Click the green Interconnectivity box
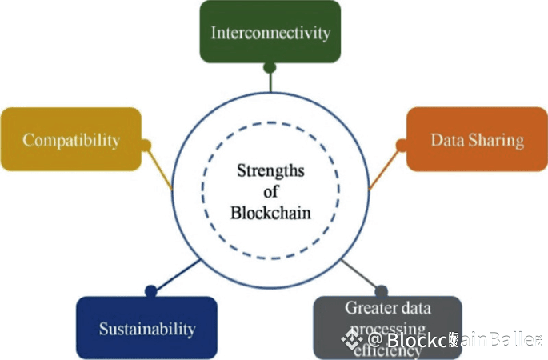[270, 32]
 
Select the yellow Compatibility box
[70, 139]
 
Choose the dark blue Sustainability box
[146, 327]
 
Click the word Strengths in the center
[270, 170]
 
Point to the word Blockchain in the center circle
[270, 212]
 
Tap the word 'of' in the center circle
[270, 192]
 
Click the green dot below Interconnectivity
[270, 67]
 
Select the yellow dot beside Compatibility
[146, 146]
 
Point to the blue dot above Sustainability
[150, 290]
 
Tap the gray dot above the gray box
[381, 290]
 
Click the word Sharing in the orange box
[498, 140]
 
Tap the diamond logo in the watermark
[347, 342]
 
